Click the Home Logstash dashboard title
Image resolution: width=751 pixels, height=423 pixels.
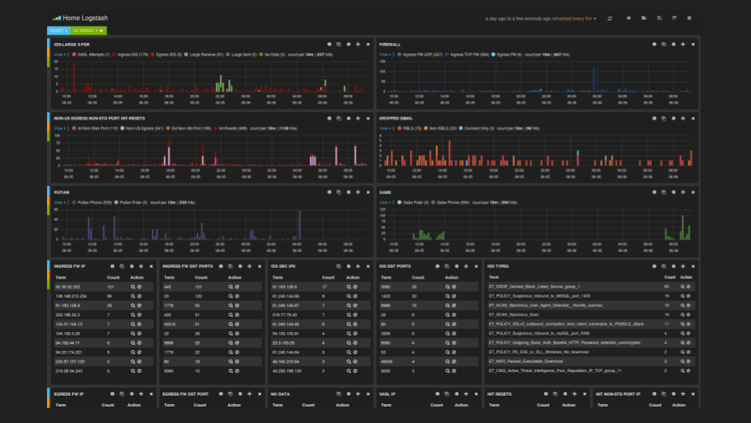(x=78, y=17)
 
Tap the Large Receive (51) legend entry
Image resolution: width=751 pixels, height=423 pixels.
(x=208, y=55)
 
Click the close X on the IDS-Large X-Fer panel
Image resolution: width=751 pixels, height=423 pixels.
(x=368, y=44)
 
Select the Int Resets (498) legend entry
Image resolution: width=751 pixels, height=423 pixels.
(x=233, y=128)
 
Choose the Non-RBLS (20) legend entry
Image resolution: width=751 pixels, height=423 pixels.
(x=444, y=128)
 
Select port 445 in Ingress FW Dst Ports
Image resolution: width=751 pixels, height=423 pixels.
(x=167, y=287)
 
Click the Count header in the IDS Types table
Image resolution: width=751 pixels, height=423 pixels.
(x=670, y=277)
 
